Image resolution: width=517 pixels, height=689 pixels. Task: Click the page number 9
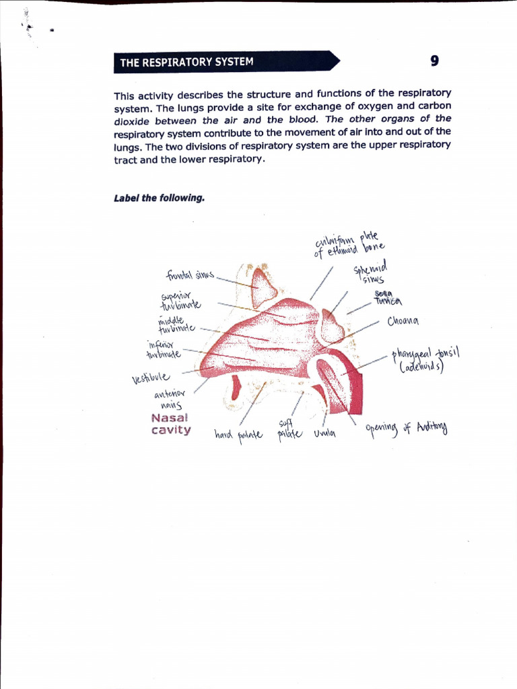pyautogui.click(x=434, y=61)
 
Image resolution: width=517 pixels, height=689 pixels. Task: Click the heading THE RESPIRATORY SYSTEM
pyautogui.click(x=186, y=63)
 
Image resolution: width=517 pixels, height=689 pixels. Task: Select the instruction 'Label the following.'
pyautogui.click(x=159, y=198)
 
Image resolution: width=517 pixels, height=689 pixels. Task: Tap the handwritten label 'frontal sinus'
pyautogui.click(x=190, y=275)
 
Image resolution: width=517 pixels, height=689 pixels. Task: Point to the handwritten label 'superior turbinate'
pyautogui.click(x=180, y=300)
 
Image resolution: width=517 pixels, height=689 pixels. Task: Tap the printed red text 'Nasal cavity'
pyautogui.click(x=171, y=424)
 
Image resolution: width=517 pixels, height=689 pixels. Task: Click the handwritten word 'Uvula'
pyautogui.click(x=324, y=434)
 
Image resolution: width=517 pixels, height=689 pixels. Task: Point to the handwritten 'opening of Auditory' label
pyautogui.click(x=406, y=428)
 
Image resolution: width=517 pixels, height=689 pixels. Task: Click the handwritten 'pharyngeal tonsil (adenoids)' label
pyautogui.click(x=425, y=361)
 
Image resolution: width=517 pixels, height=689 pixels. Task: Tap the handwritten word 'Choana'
pyautogui.click(x=404, y=321)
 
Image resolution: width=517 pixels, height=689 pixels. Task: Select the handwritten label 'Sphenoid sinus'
pyautogui.click(x=370, y=274)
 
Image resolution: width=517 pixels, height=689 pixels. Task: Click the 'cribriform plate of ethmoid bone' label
pyautogui.click(x=348, y=246)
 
